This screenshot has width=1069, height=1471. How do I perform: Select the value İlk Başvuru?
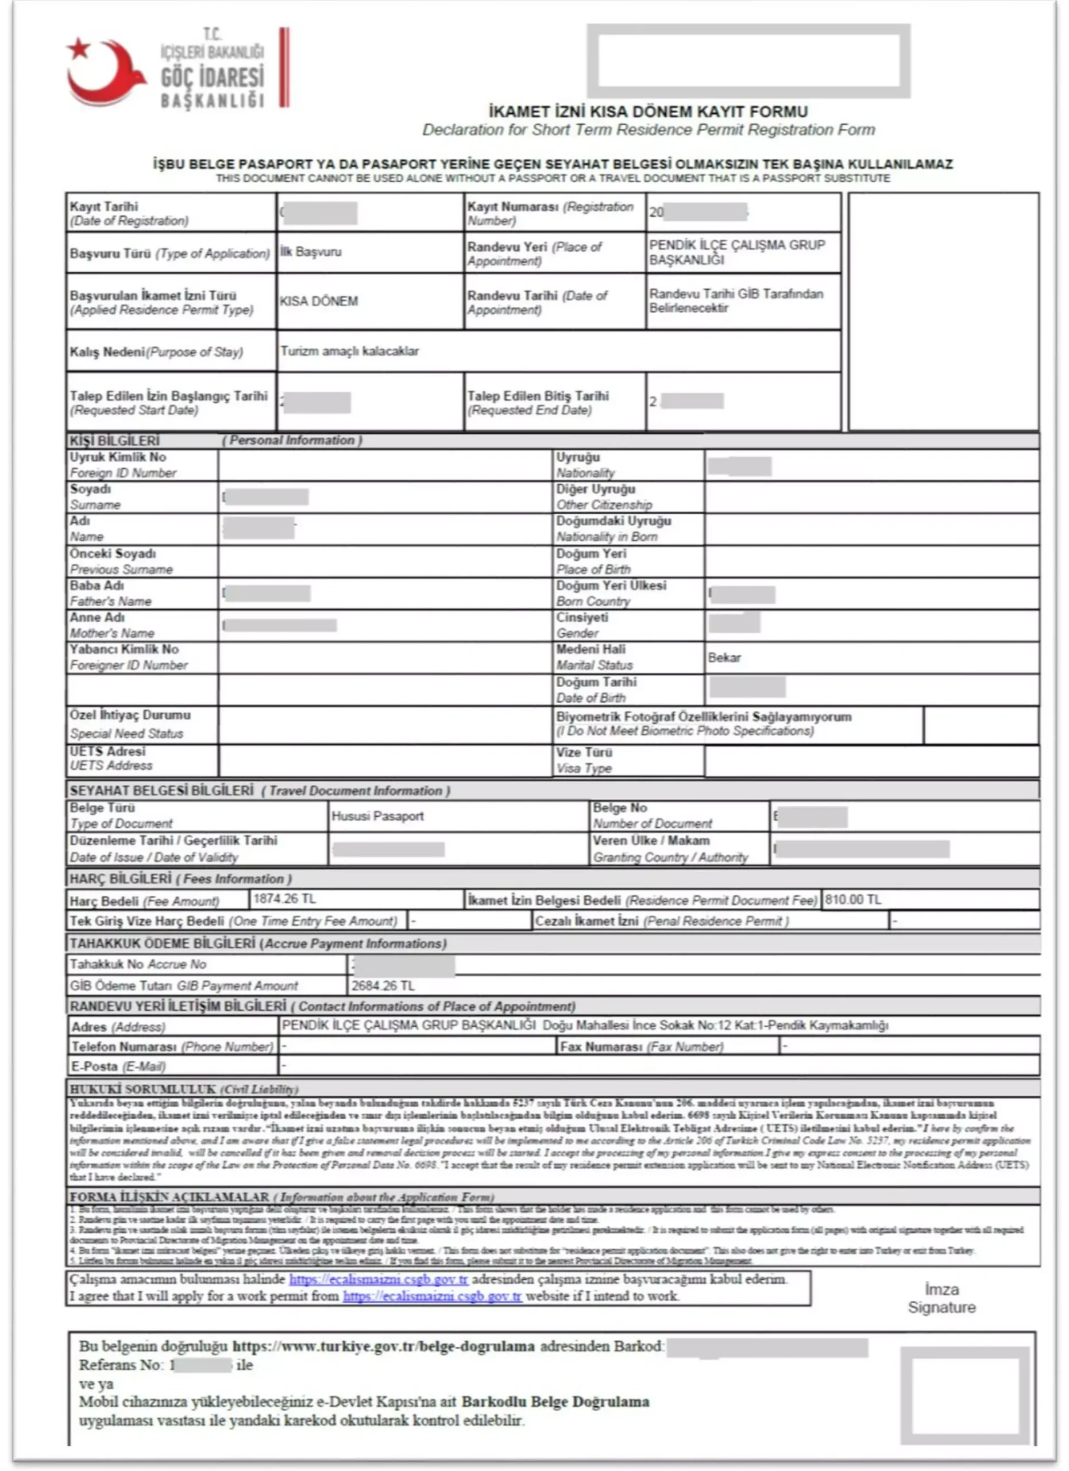311,252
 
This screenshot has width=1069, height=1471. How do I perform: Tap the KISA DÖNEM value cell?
319,301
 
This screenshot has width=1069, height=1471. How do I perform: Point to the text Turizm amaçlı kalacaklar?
349,351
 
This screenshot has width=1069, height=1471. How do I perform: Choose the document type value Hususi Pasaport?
377,816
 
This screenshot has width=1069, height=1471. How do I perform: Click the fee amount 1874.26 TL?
284,898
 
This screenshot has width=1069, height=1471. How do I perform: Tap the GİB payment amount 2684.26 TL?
383,986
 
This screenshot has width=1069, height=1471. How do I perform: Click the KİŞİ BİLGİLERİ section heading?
115,440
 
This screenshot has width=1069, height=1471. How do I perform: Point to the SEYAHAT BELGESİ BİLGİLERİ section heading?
161,791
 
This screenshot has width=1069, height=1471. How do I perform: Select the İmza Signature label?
941,1299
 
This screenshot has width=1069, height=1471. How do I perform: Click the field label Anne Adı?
97,618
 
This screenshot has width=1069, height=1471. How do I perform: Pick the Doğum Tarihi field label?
596,681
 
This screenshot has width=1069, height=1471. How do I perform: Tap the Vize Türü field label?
584,752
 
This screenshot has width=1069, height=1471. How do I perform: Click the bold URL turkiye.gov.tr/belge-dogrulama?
383,1346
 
